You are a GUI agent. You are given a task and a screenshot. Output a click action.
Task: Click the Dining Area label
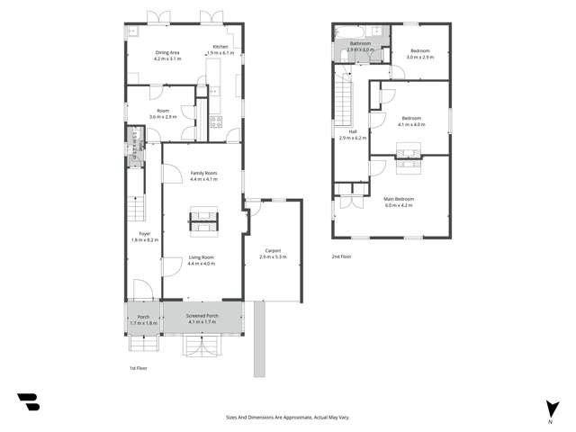[x=167, y=53]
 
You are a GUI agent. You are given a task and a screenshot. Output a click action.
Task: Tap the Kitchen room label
[x=220, y=47]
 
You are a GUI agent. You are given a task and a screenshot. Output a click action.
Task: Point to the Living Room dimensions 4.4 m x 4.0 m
[x=202, y=264]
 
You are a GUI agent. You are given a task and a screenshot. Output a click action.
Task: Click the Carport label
[x=273, y=250]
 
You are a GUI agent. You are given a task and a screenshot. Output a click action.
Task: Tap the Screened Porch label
[x=202, y=316]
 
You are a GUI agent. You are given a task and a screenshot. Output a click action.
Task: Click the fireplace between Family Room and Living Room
[x=202, y=217]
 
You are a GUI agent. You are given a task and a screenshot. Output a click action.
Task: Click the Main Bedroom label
[x=398, y=198]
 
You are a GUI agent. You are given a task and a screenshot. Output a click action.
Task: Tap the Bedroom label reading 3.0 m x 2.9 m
[x=419, y=57]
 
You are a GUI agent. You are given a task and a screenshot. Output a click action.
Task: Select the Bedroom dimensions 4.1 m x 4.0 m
[x=413, y=124]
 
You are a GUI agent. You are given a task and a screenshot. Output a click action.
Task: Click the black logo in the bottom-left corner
[x=28, y=402]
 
